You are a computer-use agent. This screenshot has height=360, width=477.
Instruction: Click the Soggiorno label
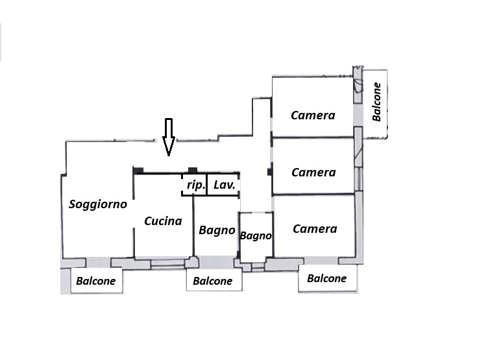97,204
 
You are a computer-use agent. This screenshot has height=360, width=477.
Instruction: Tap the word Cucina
163,221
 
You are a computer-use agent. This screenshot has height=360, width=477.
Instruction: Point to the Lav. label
224,186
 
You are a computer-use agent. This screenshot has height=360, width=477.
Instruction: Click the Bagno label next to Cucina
217,230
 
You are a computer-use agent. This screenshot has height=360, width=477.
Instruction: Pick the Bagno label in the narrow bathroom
256,236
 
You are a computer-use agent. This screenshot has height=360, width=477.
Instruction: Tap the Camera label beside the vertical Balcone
313,115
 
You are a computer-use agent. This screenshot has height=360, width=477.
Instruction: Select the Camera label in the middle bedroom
313,173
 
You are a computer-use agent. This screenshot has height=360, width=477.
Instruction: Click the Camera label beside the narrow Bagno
315,229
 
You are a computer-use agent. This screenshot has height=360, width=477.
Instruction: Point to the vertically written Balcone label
376,102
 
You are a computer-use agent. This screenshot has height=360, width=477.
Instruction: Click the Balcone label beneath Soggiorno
96,282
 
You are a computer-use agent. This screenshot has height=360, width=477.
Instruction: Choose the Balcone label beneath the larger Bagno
213,282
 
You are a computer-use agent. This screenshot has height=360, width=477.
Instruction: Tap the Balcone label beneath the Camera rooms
326,279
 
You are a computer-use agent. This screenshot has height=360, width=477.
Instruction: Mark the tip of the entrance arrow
168,155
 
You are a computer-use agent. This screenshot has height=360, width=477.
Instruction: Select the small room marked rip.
195,185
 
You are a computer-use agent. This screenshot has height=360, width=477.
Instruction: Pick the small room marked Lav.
223,185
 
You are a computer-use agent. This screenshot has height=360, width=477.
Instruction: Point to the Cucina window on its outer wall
167,263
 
